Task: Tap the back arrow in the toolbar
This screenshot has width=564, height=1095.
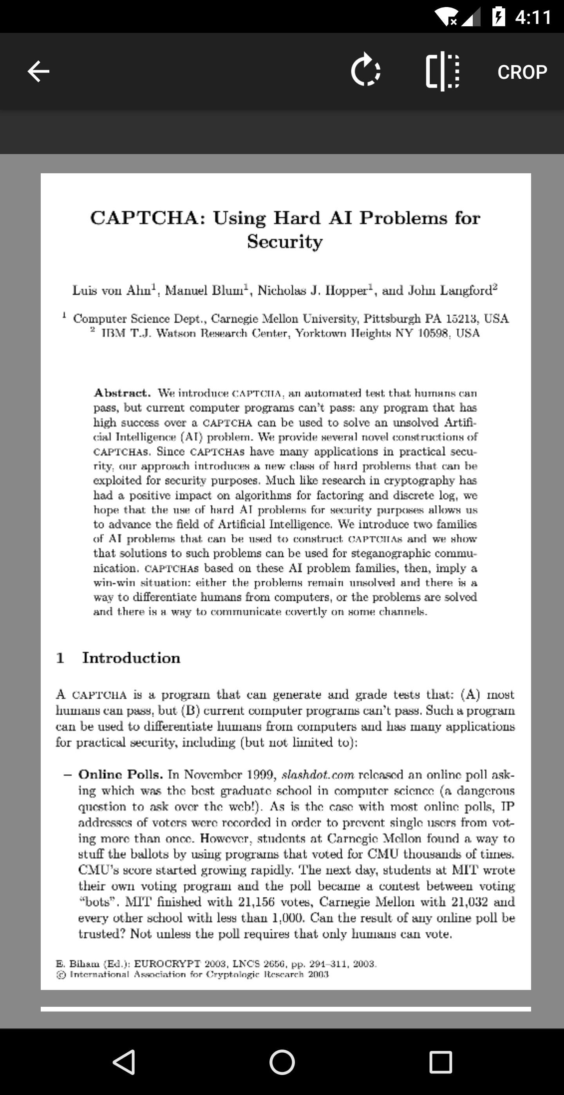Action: (x=38, y=71)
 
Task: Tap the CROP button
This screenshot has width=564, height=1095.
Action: (x=522, y=72)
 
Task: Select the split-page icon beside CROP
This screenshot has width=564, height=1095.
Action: (x=442, y=71)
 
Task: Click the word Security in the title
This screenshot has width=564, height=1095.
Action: (x=285, y=242)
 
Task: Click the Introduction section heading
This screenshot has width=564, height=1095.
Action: (x=131, y=657)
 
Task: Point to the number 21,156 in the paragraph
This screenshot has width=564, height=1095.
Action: (x=256, y=902)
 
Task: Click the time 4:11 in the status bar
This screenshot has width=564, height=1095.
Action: (x=533, y=17)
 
